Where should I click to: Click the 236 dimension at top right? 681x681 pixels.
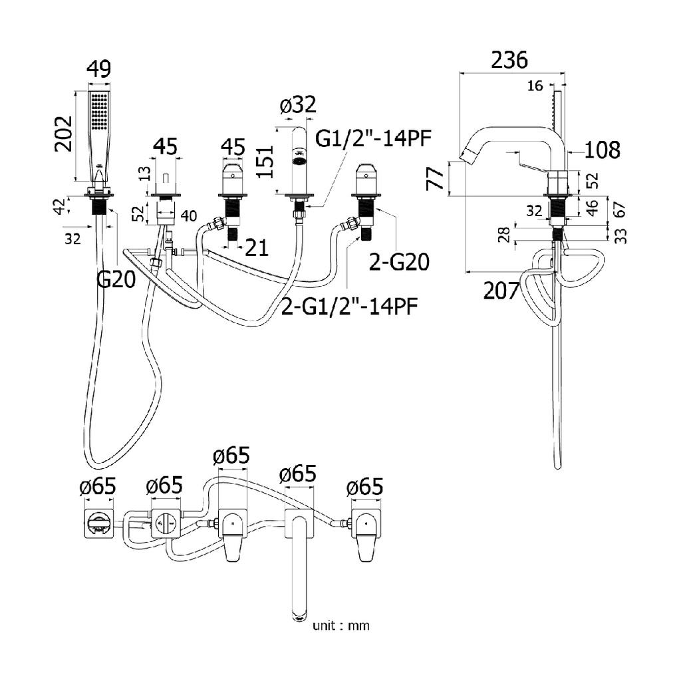[x=509, y=60]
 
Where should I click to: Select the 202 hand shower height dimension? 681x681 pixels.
[x=63, y=134]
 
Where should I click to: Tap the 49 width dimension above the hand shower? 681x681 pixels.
[x=99, y=68]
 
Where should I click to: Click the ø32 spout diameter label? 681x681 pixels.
[x=298, y=104]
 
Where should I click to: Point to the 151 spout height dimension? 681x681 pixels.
[x=265, y=162]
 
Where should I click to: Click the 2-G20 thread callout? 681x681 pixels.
[x=399, y=262]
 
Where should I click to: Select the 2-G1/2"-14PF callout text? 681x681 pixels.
[x=350, y=306]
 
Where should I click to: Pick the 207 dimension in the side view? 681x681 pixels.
[x=501, y=291]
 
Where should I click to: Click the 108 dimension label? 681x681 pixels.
[x=603, y=150]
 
